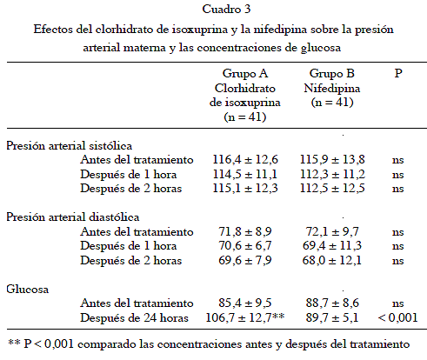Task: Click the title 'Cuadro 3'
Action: (226, 9)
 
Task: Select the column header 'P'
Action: (398, 73)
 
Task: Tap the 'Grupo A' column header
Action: (245, 74)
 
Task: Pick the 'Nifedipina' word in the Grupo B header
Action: (332, 88)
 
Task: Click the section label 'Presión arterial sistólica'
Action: (70, 145)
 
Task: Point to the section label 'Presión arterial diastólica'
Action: (73, 217)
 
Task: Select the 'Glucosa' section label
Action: (28, 289)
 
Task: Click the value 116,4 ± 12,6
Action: (245, 160)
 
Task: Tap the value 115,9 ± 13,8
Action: (332, 160)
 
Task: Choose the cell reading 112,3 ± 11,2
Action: (332, 174)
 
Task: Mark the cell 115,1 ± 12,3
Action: (245, 189)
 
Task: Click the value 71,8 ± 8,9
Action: (245, 231)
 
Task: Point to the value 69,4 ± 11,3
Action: (332, 246)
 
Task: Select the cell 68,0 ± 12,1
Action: (332, 260)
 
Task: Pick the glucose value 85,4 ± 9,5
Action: (245, 303)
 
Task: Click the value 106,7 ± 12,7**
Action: (245, 317)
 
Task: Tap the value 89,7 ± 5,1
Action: (332, 317)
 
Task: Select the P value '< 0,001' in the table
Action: (397, 318)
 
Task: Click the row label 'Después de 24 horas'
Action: (134, 318)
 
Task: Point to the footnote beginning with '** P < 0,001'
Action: (209, 344)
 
